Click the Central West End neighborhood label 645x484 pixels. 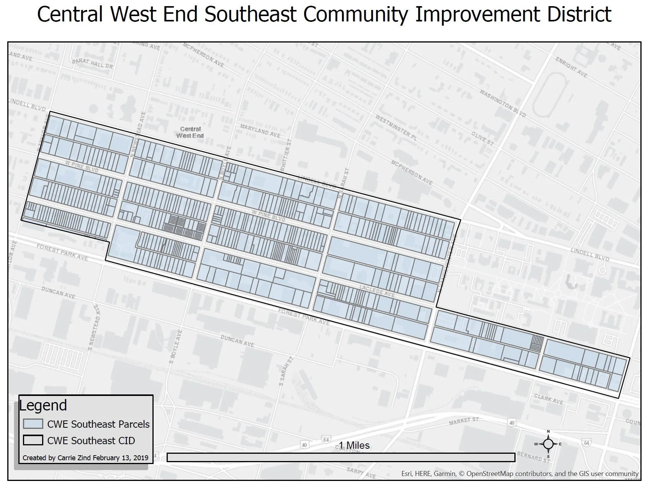pos(190,132)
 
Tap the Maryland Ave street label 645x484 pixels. pos(260,130)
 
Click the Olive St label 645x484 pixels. pos(482,138)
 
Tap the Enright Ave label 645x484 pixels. pos(571,67)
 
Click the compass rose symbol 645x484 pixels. pos(548,444)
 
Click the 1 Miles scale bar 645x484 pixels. pos(341,457)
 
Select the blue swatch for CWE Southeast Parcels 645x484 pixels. pos(33,423)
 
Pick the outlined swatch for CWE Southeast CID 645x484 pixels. pos(33,440)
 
